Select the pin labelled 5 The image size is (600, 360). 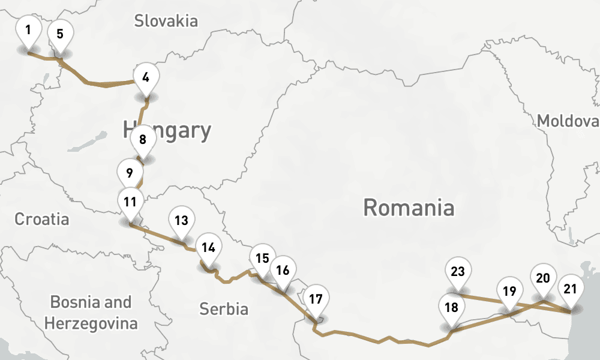coord(60,34)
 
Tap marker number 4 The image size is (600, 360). coord(145,77)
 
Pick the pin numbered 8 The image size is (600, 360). coord(143,140)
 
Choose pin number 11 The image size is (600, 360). coord(131,202)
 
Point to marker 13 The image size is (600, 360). coord(182,221)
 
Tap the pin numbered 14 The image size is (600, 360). coord(209,248)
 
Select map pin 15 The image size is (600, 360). coord(262,259)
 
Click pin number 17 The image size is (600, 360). coord(316,298)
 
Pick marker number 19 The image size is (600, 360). coord(509,293)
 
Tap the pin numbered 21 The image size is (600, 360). coord(571,290)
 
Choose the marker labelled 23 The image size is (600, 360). coord(458,272)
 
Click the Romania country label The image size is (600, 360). coord(409,208)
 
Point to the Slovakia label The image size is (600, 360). coord(166,22)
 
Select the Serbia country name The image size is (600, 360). coord(224,309)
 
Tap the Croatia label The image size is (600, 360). coord(42,219)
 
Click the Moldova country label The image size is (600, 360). coord(568,121)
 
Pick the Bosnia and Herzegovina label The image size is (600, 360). coord(91,313)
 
